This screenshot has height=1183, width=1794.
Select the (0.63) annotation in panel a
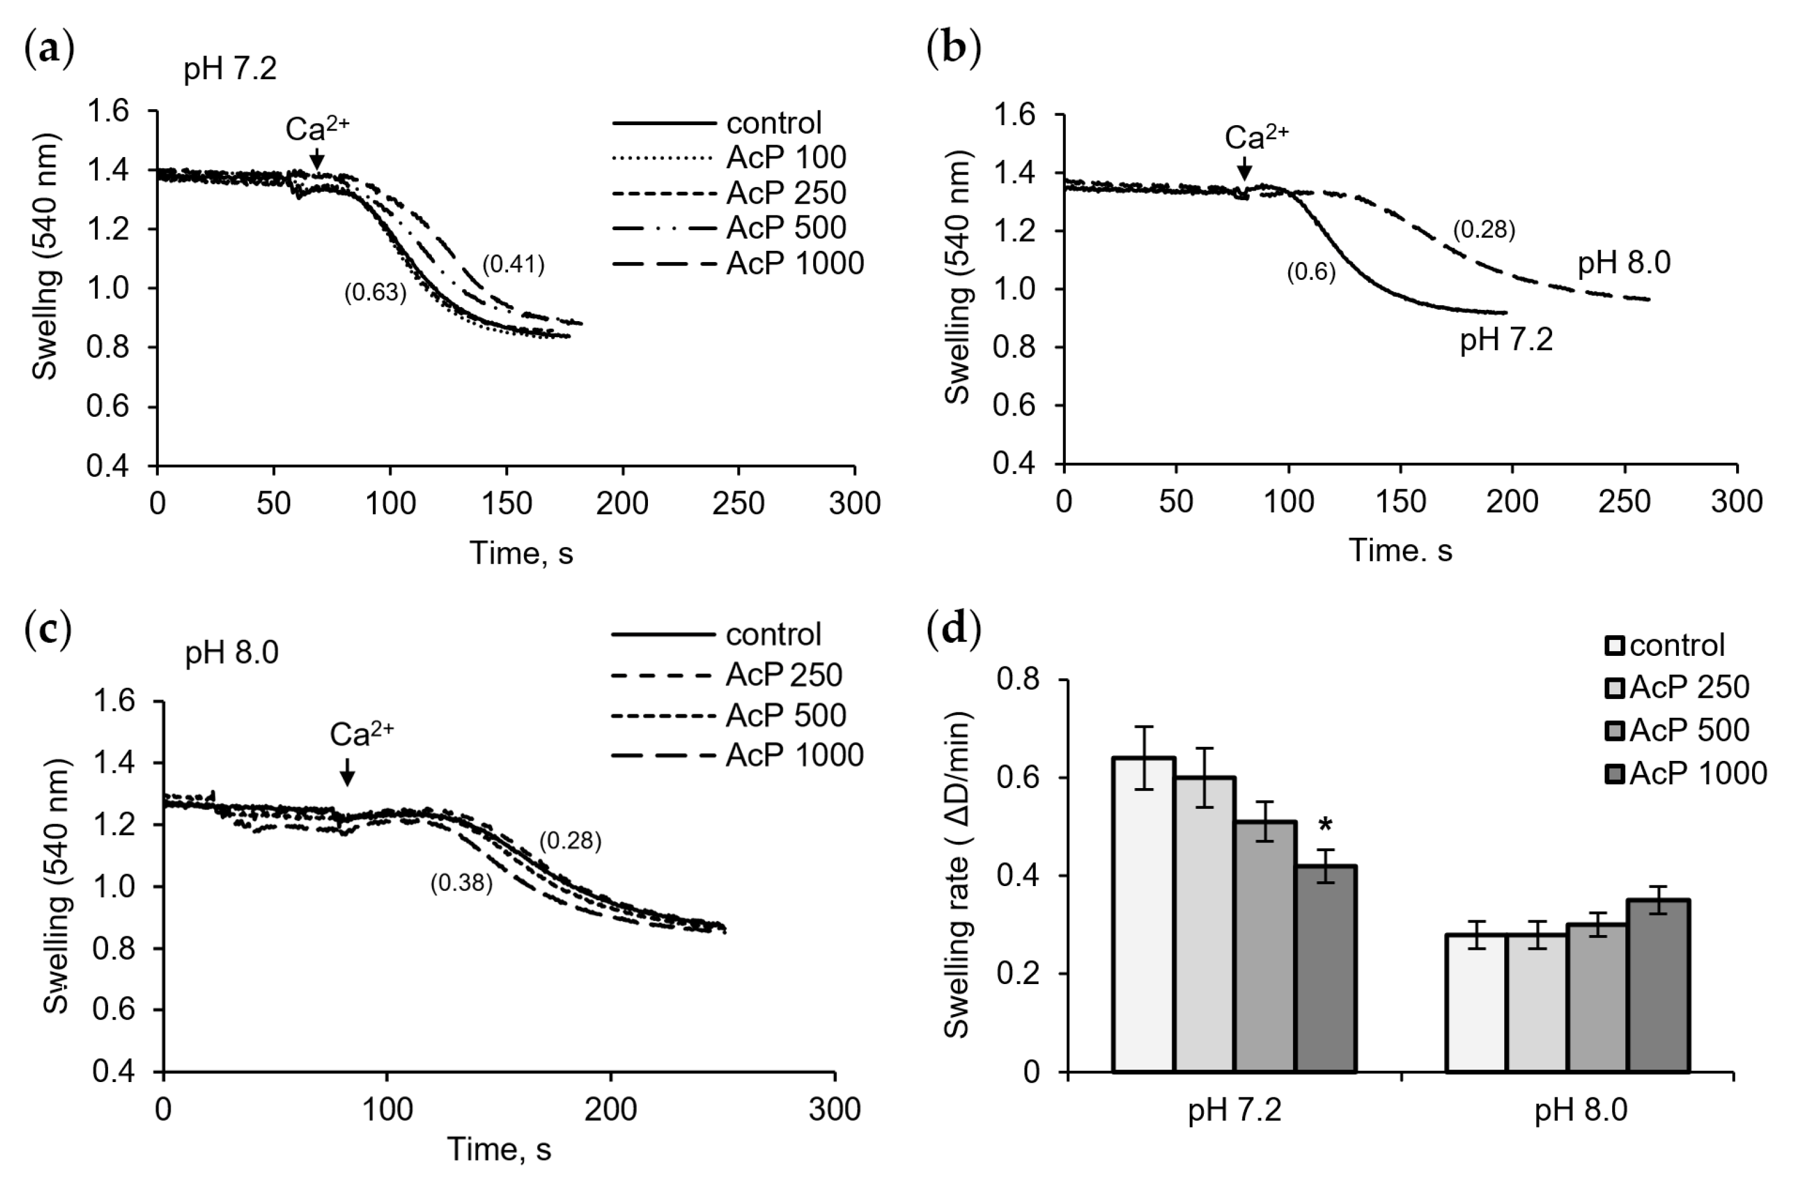(375, 292)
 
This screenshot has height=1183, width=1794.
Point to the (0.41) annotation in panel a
(513, 264)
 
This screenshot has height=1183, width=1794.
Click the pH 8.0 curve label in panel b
(1623, 263)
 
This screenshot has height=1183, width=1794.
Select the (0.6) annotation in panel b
(1311, 272)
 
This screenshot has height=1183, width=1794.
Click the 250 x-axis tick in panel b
(1624, 502)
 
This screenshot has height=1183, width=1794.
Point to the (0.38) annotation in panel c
(461, 882)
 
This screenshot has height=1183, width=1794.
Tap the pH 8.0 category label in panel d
(1580, 1110)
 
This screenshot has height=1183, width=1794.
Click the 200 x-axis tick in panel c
(610, 1110)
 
